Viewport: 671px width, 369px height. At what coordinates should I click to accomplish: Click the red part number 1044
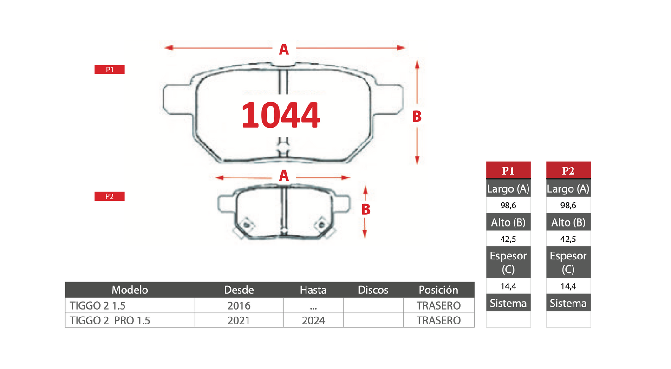click(x=280, y=115)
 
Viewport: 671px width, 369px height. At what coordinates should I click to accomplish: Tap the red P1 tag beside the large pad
click(x=110, y=70)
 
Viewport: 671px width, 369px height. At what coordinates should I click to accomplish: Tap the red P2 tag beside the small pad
click(x=110, y=196)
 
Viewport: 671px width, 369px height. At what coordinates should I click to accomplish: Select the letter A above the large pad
click(x=284, y=49)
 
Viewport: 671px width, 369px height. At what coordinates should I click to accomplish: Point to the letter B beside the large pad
click(x=417, y=117)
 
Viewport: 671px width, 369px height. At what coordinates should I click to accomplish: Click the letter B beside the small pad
click(x=366, y=210)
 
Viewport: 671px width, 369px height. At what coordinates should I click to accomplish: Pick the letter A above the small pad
click(x=284, y=176)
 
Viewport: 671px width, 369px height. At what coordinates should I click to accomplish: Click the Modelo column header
click(x=130, y=290)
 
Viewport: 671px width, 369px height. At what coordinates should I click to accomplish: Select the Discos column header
click(x=373, y=290)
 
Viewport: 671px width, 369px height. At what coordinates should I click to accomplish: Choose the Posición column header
click(x=438, y=290)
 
